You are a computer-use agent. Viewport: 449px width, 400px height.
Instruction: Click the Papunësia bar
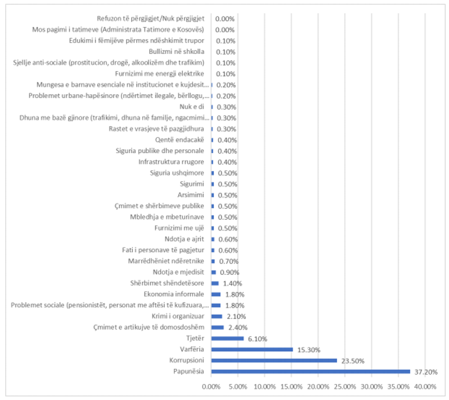(311, 371)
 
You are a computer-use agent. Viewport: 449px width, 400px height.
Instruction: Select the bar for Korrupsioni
(274, 360)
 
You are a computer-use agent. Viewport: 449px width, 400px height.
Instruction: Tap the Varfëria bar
(252, 349)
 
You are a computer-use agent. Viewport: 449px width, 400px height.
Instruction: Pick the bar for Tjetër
(227, 338)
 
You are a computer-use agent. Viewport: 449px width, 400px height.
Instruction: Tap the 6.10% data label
(257, 339)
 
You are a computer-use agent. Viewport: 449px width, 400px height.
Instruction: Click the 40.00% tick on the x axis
(425, 387)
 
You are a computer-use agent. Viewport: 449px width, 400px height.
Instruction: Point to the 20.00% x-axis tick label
(318, 387)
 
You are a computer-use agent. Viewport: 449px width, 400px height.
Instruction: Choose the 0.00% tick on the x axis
(211, 387)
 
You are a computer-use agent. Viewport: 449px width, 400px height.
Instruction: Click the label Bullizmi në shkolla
(177, 52)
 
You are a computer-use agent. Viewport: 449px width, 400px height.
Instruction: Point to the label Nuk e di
(192, 107)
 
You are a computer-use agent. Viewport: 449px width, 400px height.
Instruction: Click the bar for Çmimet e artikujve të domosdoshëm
(218, 327)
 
